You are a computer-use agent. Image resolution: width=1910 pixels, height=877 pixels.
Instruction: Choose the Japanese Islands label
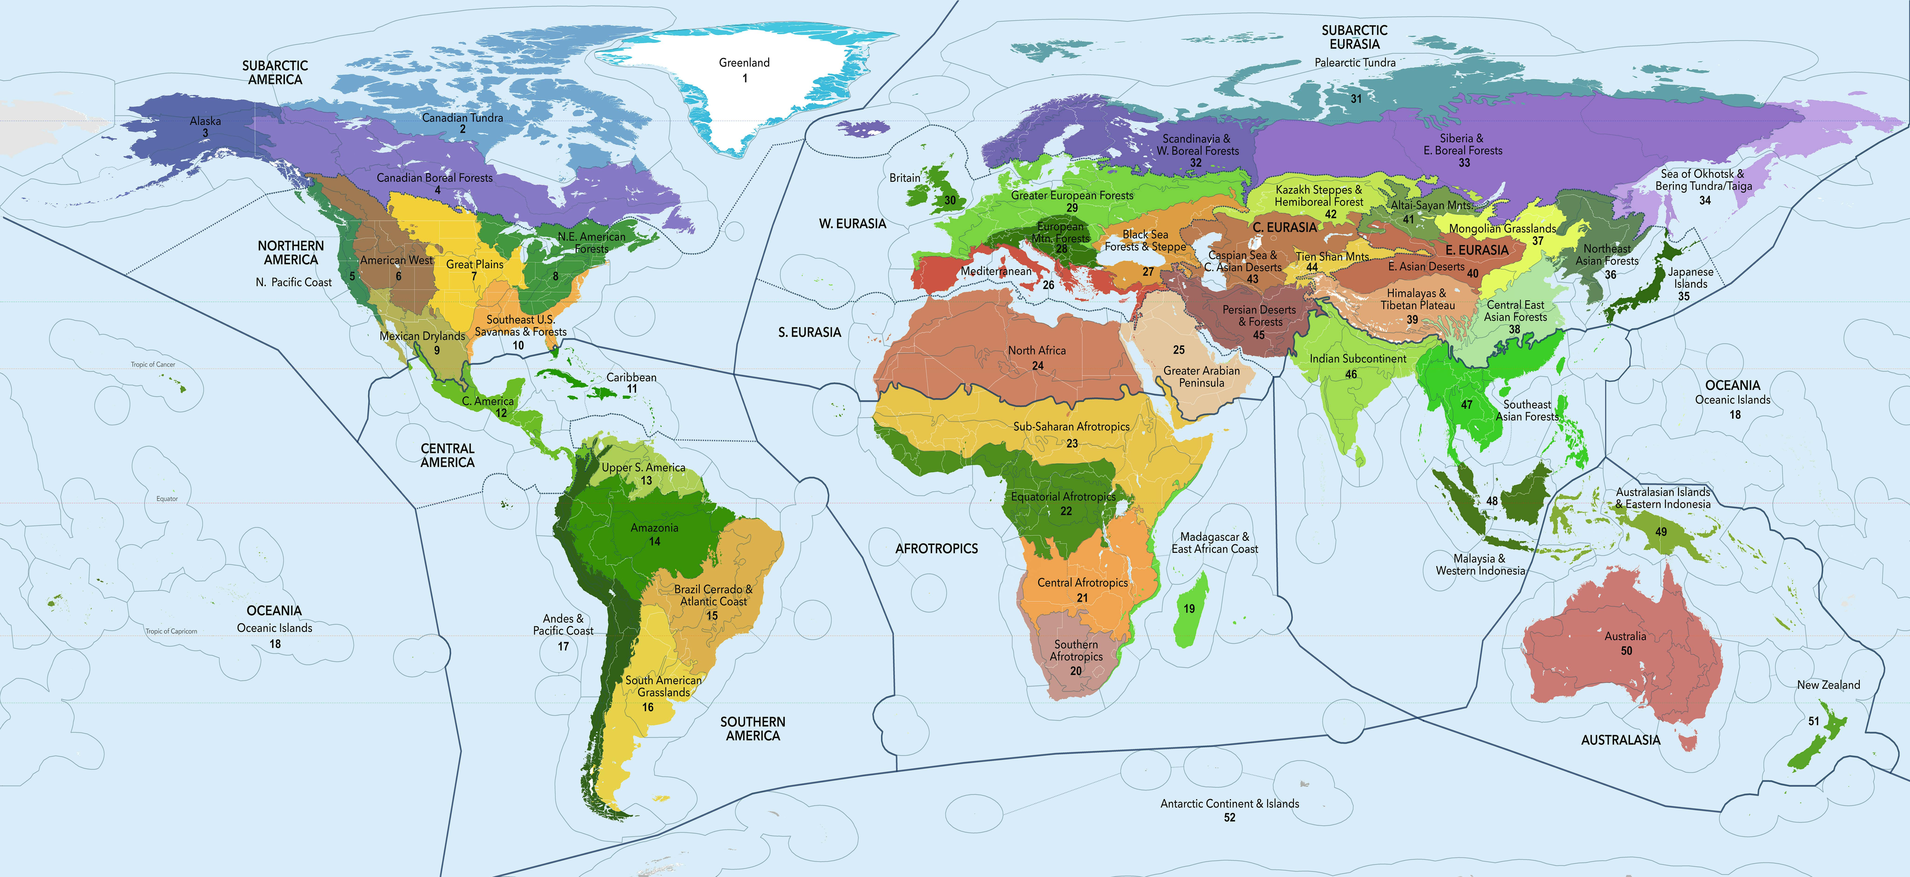1691,278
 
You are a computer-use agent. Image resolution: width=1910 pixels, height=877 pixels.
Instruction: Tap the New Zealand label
1828,685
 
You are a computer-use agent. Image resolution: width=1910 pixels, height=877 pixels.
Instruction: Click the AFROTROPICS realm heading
936,549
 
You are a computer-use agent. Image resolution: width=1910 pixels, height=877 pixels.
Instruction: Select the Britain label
905,178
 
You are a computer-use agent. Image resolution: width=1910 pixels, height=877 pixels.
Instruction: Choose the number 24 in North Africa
1037,365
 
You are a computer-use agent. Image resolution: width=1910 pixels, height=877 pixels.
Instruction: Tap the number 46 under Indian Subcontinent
1351,374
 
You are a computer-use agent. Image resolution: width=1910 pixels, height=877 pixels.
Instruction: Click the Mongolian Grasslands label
1502,228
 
